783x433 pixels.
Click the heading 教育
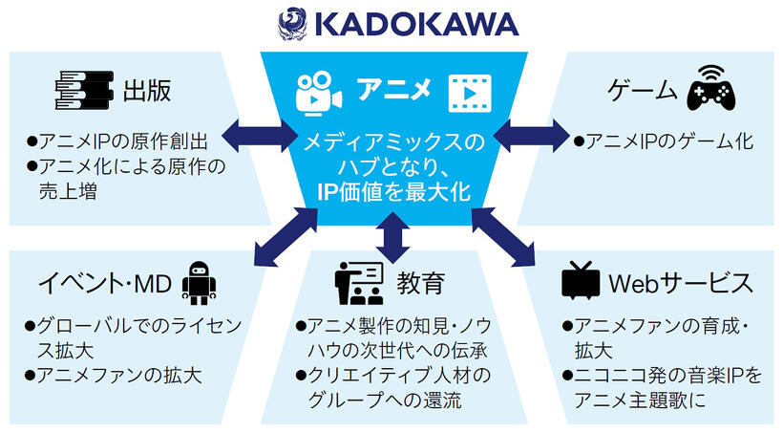(420, 283)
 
